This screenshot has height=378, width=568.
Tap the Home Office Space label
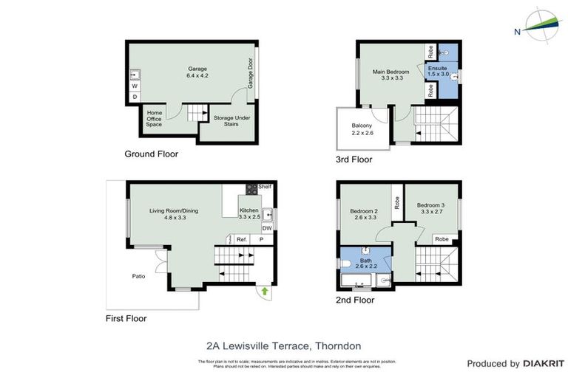click(154, 118)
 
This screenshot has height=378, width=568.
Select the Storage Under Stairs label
click(231, 121)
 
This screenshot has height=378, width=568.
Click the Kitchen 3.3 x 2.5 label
click(248, 214)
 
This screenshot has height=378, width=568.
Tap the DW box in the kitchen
click(266, 229)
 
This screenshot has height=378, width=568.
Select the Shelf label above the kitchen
click(265, 187)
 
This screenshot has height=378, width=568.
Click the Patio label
click(139, 276)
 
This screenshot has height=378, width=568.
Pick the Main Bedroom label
click(391, 74)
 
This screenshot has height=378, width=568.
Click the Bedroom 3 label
click(432, 208)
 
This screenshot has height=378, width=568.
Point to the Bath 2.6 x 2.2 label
click(366, 264)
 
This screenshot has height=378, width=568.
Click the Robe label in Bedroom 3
click(442, 239)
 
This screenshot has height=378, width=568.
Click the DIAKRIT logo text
click(544, 363)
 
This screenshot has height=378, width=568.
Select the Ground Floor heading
click(151, 154)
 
